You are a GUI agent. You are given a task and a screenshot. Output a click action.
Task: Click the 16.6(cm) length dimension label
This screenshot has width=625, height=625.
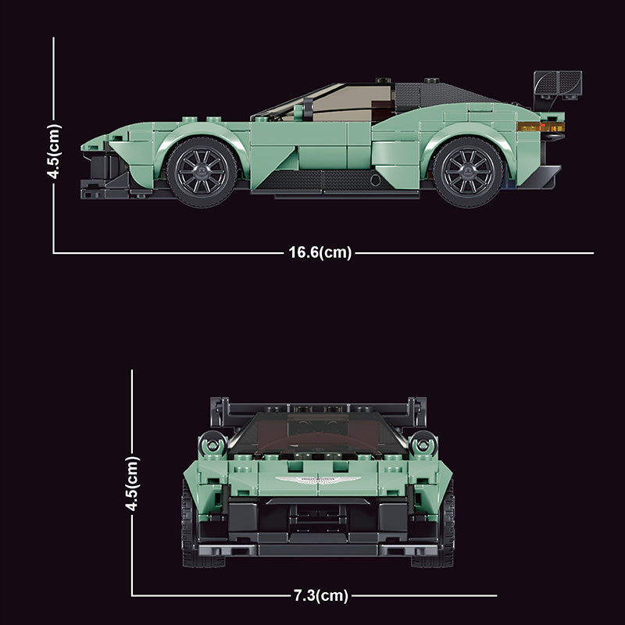click(x=320, y=252)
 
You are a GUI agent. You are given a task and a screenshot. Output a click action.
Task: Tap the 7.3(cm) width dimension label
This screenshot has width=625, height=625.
click(x=321, y=595)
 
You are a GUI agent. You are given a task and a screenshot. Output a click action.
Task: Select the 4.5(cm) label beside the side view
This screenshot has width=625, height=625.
click(x=54, y=151)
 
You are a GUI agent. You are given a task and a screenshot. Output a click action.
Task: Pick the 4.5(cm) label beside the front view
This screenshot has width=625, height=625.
click(x=132, y=483)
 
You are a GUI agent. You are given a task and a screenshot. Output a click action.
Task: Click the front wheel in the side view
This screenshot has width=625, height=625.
click(x=202, y=172)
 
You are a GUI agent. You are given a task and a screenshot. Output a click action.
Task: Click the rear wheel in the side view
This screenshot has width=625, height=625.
click(x=468, y=172)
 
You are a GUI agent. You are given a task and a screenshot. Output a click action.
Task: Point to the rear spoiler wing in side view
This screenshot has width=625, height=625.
click(x=558, y=84)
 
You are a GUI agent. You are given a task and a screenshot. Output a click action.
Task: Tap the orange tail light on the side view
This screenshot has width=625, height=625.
click(x=541, y=127)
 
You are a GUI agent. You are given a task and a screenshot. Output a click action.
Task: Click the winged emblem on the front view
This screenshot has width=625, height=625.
click(x=318, y=480)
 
